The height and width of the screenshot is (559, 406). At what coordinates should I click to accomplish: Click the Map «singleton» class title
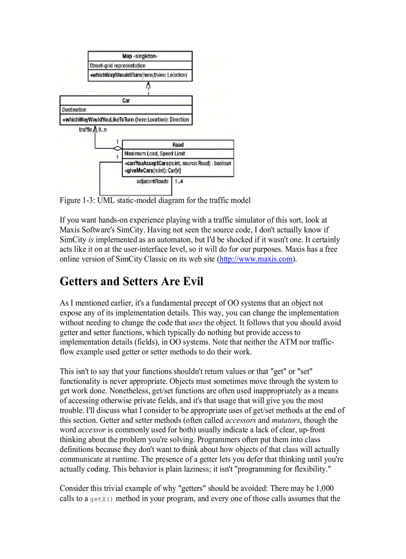[140, 56]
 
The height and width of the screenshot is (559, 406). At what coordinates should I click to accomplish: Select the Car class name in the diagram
[126, 101]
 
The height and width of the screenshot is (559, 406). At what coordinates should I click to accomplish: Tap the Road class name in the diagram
[178, 145]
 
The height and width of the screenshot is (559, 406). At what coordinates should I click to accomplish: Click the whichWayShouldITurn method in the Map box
[138, 75]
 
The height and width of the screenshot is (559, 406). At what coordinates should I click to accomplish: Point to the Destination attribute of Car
[74, 110]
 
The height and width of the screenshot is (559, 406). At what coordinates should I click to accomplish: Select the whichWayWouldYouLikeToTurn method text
[125, 120]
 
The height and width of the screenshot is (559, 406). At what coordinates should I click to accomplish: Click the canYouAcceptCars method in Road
[178, 163]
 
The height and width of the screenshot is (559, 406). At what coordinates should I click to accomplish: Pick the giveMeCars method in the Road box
[153, 171]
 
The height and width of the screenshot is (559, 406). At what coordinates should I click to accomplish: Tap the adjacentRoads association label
[152, 181]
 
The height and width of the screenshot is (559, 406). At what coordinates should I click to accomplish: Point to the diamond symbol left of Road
[117, 148]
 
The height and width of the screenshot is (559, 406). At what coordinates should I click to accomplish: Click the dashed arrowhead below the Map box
[148, 87]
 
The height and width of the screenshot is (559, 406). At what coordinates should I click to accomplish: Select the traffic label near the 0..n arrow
[86, 129]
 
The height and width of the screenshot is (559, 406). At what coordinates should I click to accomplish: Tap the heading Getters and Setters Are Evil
[131, 282]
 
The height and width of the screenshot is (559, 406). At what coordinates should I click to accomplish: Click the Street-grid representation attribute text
[117, 66]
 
